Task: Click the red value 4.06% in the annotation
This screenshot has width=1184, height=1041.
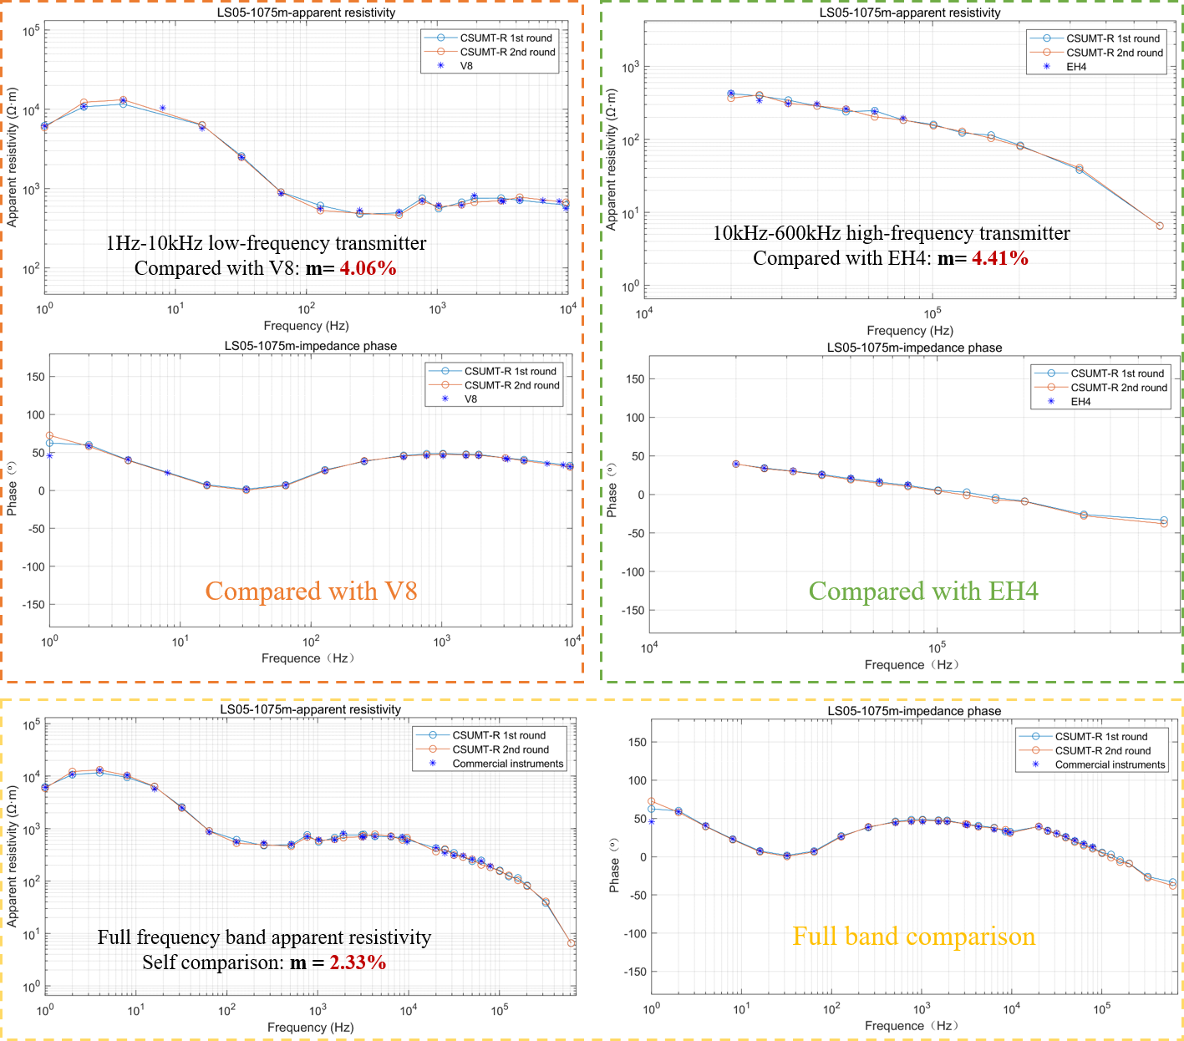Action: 368,268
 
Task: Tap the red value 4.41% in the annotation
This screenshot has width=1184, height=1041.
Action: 999,258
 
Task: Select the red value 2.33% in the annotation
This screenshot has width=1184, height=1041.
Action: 358,962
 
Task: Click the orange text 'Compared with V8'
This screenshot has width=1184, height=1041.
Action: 311,592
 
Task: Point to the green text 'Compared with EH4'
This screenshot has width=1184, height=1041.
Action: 923,592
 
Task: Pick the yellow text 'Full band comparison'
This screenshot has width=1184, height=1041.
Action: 913,937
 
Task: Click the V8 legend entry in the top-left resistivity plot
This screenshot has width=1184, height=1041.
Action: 466,66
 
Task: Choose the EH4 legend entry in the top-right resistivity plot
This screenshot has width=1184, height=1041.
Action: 1076,67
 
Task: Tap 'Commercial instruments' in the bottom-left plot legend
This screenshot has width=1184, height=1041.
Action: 507,764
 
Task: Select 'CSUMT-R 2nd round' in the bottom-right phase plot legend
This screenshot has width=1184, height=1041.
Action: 1102,750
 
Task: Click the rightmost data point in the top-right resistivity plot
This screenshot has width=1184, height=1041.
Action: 1159,226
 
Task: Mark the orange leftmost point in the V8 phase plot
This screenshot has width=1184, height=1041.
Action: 50,435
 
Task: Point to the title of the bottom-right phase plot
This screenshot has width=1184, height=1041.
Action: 914,711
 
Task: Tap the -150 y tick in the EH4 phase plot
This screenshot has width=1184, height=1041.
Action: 633,611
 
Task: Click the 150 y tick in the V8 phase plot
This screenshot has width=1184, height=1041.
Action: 36,377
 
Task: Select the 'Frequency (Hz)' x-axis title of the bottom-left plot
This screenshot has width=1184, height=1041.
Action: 310,1027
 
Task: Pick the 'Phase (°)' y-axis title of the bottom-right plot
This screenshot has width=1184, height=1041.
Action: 614,865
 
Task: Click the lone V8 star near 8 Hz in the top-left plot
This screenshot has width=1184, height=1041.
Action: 162,108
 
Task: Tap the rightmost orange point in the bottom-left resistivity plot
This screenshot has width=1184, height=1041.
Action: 572,943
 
